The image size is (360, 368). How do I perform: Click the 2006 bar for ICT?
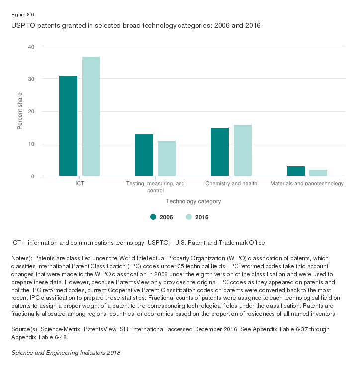pos(68,126)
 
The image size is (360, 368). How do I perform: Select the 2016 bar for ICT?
pos(91,117)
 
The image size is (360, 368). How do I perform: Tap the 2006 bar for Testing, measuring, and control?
pos(144,155)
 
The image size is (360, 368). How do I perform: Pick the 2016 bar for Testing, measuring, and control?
pos(167,158)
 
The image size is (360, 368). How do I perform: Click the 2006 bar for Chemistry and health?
pos(220,152)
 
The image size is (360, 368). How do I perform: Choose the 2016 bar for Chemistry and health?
pos(243,150)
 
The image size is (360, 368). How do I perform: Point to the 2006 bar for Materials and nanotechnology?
pos(296,171)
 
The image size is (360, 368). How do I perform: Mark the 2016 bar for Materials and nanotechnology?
pos(318,173)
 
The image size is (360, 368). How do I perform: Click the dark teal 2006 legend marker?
pos(153,217)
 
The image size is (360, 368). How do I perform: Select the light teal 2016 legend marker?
pos(189,217)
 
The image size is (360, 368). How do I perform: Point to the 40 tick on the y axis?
pos(31,46)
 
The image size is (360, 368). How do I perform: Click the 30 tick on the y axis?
pos(31,79)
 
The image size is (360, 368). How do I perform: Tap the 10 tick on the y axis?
pos(31,144)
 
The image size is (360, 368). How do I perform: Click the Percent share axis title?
pos(20,111)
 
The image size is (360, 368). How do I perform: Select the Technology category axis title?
pos(193,202)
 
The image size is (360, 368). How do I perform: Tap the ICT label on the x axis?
pos(80,184)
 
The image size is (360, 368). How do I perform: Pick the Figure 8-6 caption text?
pos(23,15)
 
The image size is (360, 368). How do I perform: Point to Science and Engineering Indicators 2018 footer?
pos(66,353)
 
